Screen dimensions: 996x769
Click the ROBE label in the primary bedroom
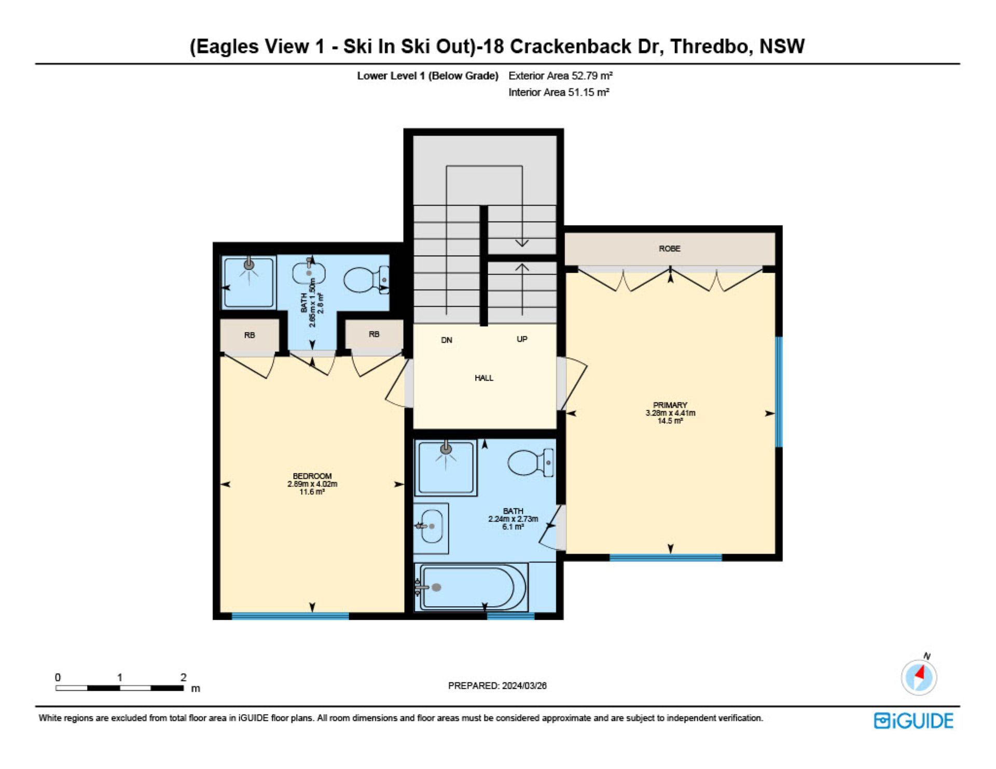pos(669,249)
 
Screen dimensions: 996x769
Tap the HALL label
pos(483,378)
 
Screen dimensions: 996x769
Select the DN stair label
pos(446,340)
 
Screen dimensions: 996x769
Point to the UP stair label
pos(522,339)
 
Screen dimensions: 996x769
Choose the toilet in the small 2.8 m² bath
pos(366,279)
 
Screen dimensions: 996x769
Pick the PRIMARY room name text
pos(670,405)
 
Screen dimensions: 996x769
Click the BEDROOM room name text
pos(312,476)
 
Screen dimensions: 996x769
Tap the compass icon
pos(919,677)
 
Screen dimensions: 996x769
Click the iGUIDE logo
pos(914,721)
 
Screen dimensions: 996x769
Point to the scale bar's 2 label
pos(183,677)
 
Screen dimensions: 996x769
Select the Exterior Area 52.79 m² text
pos(560,76)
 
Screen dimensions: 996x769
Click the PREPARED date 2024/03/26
pos(524,686)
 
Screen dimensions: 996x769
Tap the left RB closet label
pos(250,335)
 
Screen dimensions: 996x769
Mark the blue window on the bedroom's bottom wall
pos(290,616)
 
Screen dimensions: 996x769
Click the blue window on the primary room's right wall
pos(779,392)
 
